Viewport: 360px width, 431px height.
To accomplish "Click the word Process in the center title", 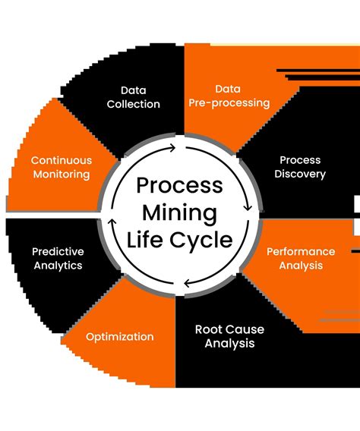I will pos(179,186).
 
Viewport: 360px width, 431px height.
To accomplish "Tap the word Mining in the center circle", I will pos(179,213).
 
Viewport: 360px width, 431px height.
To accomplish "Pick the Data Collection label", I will pos(133,96).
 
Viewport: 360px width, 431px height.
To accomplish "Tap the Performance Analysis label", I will pos(301,258).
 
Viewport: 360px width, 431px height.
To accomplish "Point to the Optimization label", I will pos(119,337).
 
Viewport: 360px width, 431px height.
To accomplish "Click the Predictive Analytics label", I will pos(58,258).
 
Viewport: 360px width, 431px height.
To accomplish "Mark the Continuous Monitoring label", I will pos(61,167).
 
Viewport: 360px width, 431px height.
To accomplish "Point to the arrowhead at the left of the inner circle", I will pos(112,224).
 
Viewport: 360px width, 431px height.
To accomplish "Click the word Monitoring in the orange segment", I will pos(61,175).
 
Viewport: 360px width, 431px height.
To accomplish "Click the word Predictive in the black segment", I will pos(58,251).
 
